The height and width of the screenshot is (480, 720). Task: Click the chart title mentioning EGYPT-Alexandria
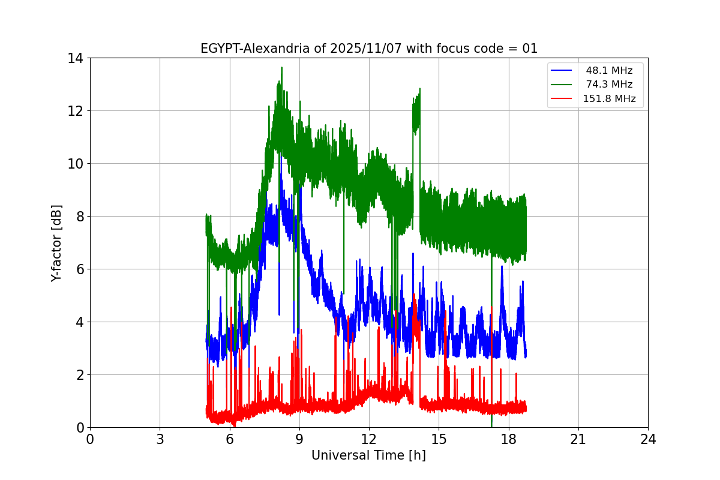click(x=368, y=49)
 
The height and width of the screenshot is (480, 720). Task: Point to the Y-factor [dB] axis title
click(x=56, y=242)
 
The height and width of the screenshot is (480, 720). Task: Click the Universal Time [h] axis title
click(x=368, y=455)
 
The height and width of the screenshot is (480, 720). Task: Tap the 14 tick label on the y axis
click(x=76, y=58)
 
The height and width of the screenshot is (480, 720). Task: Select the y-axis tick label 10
click(x=76, y=164)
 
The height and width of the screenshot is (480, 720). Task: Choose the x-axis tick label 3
click(x=160, y=439)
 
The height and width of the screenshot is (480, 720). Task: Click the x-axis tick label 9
click(x=299, y=439)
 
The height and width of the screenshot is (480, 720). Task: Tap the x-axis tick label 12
click(x=369, y=439)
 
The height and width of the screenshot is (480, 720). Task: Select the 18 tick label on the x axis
click(x=509, y=439)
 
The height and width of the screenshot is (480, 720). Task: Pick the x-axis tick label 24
click(x=648, y=439)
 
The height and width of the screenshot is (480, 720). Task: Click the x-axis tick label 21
click(x=578, y=439)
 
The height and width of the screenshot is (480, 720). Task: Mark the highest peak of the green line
click(x=281, y=68)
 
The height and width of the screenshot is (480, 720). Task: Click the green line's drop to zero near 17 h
click(x=491, y=425)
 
